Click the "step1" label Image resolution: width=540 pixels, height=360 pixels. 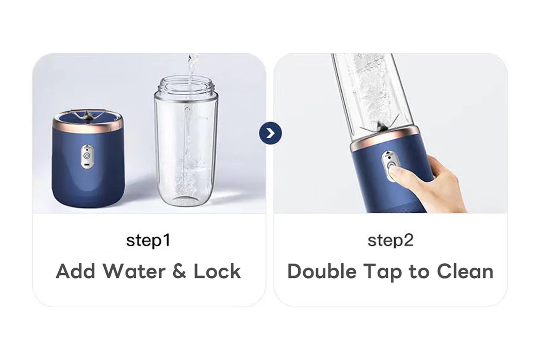148,241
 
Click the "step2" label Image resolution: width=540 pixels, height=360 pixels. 391,241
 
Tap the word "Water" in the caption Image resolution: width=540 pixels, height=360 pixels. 134,271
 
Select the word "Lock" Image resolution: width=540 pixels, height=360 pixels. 217,271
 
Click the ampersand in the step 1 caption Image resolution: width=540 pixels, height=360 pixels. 179,271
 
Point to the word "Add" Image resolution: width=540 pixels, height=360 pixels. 76,271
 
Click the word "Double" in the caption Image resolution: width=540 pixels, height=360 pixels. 322,271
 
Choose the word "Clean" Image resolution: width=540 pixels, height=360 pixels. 465,271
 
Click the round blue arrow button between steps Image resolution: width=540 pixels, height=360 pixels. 270,133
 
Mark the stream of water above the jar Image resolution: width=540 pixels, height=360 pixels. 192,70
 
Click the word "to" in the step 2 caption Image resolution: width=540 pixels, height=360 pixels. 419,272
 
